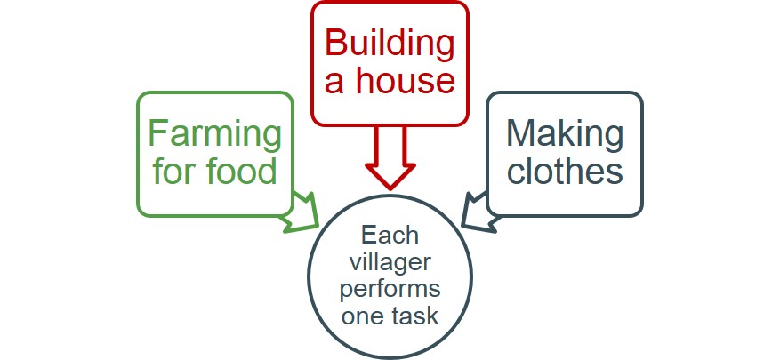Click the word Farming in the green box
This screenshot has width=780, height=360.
[x=214, y=134]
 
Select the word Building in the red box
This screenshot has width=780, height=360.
[x=390, y=42]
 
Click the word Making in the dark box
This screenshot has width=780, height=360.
[x=565, y=133]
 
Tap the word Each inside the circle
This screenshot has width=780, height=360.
[x=389, y=236]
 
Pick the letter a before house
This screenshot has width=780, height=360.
[x=334, y=83]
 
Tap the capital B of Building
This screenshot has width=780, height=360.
[x=335, y=42]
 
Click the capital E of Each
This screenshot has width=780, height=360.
[x=368, y=236]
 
